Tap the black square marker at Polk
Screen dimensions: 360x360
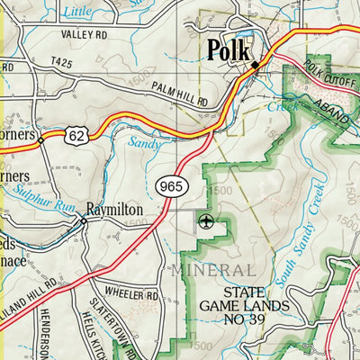(x=255, y=65)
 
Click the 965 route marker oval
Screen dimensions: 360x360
(x=170, y=186)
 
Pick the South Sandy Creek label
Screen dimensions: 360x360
(x=301, y=239)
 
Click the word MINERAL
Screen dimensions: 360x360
(x=211, y=270)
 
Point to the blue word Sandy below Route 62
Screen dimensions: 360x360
(x=146, y=142)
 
